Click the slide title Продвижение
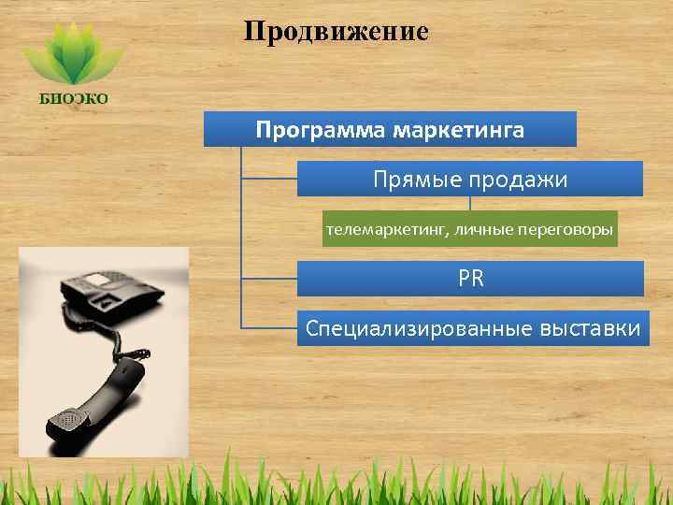[x=336, y=32]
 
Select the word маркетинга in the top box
[x=458, y=129]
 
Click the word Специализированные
[x=420, y=328]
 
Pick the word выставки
[x=590, y=328]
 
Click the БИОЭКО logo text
[x=73, y=99]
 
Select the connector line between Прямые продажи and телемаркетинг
[x=470, y=204]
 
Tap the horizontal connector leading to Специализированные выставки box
[x=268, y=328]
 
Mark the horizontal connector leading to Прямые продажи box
[x=268, y=179]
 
